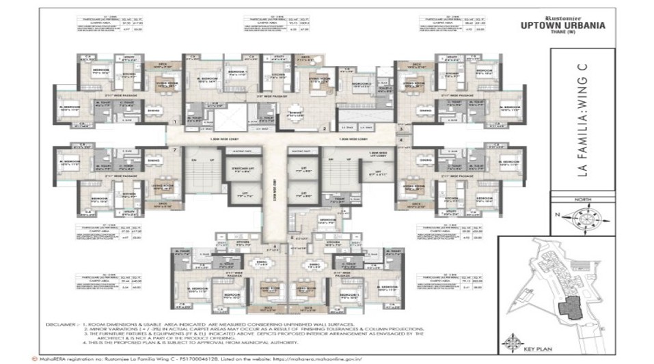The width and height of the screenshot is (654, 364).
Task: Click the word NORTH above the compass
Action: point(582,201)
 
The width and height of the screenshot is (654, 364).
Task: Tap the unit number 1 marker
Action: point(176,123)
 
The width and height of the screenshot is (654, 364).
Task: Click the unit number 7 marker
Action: point(176,150)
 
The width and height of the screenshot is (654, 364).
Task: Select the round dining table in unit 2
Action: point(297,115)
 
